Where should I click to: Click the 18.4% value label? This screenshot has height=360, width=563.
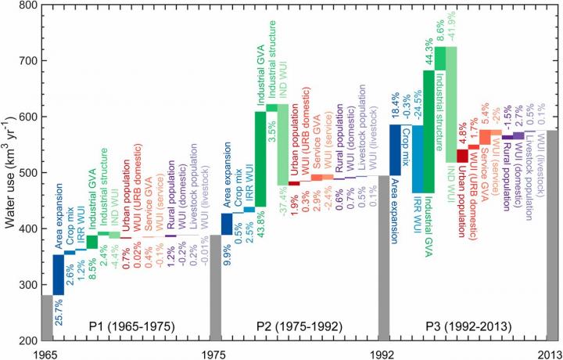[x=396, y=106]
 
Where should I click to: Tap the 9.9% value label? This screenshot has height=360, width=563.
[x=227, y=253]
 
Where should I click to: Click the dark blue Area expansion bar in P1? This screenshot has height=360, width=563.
[x=59, y=275]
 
